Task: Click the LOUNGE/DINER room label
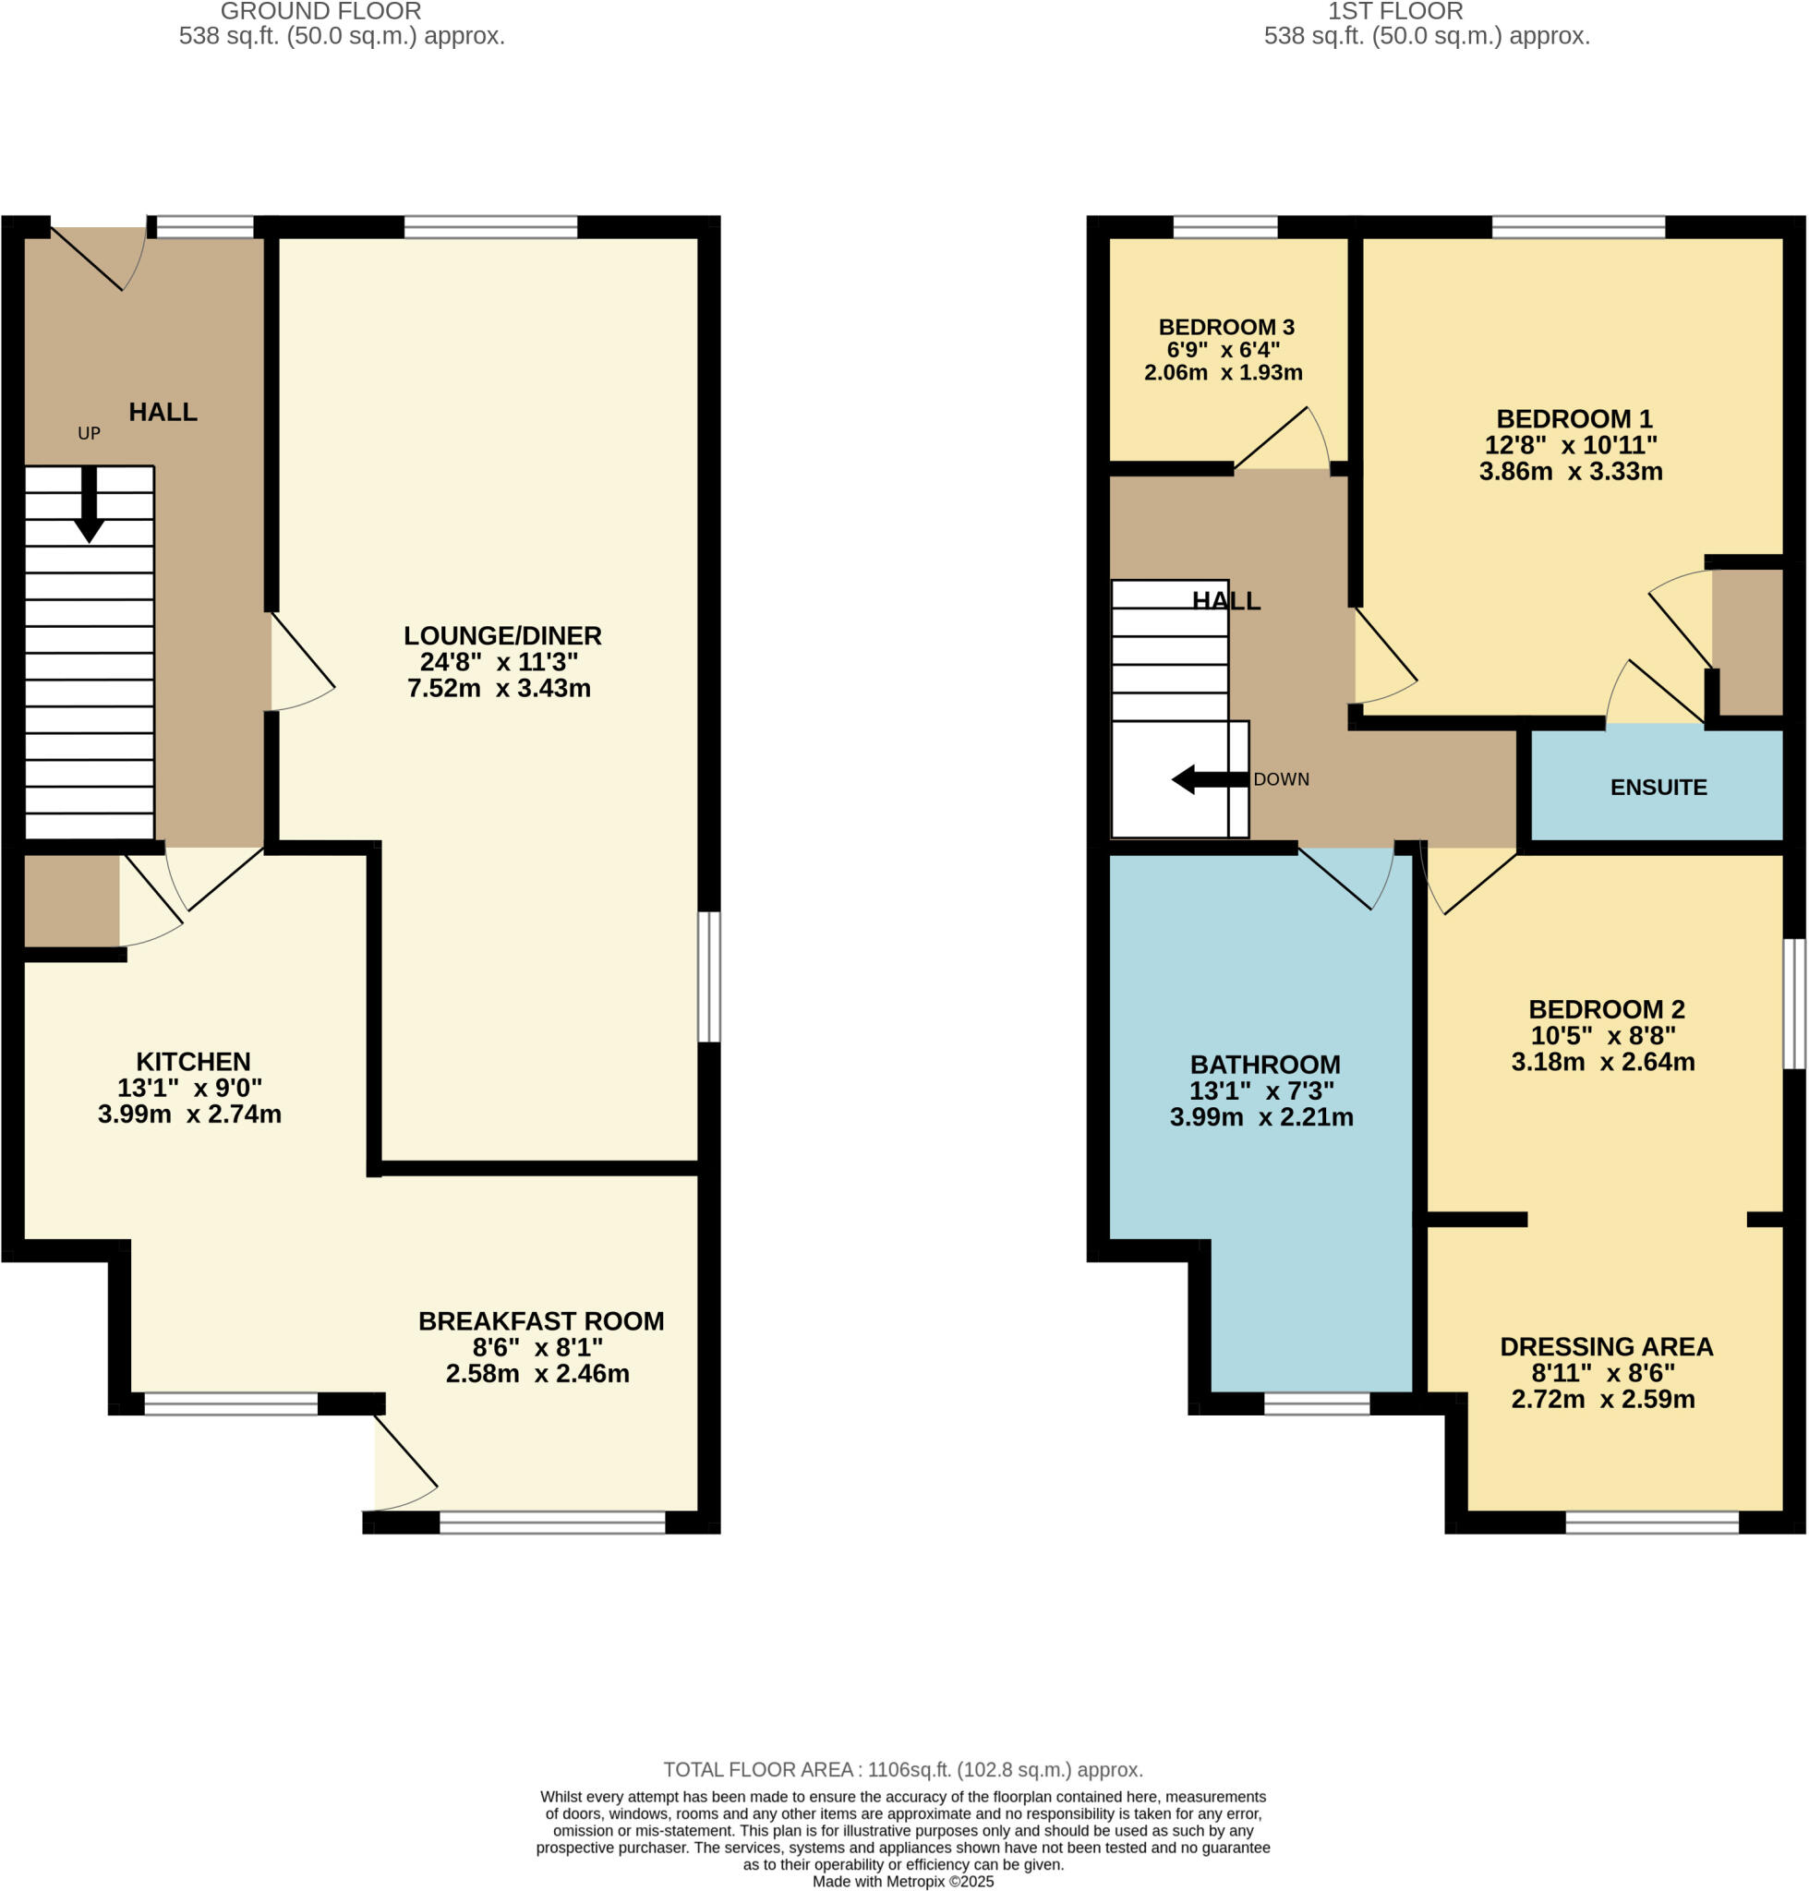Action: click(501, 635)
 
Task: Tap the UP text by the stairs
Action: click(89, 434)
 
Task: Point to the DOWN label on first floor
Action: click(1281, 779)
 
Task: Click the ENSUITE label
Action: click(1658, 787)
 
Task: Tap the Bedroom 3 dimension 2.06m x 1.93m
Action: click(1223, 372)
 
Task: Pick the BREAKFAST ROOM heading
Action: click(540, 1321)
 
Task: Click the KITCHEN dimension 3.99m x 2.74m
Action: click(190, 1114)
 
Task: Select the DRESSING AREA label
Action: click(1606, 1346)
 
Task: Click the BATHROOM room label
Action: click(1264, 1065)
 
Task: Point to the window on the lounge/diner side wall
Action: click(709, 977)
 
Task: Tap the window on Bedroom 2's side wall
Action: click(1792, 1004)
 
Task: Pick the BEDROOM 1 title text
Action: click(1574, 418)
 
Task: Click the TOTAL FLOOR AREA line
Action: click(902, 1769)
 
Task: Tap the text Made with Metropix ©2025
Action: click(902, 1882)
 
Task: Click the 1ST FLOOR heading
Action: click(1394, 12)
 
